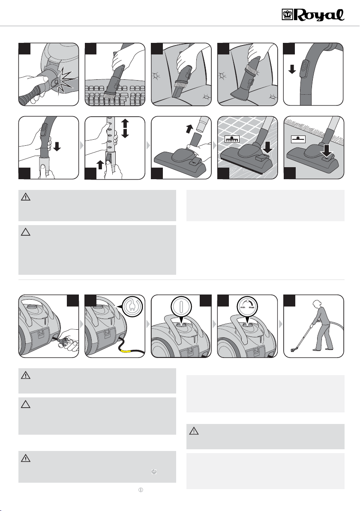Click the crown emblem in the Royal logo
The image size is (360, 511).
pos(287,15)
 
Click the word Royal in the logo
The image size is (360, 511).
pos(320,15)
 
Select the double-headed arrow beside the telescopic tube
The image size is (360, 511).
pos(125,129)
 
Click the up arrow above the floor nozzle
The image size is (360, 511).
pos(189,129)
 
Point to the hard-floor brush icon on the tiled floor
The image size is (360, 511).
pos(232,139)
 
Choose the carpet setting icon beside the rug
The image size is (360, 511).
pos(298,139)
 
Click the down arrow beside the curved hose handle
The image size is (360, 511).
pos(292,69)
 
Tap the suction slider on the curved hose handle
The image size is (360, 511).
pos(304,69)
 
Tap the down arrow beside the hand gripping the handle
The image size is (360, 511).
pos(57,147)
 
